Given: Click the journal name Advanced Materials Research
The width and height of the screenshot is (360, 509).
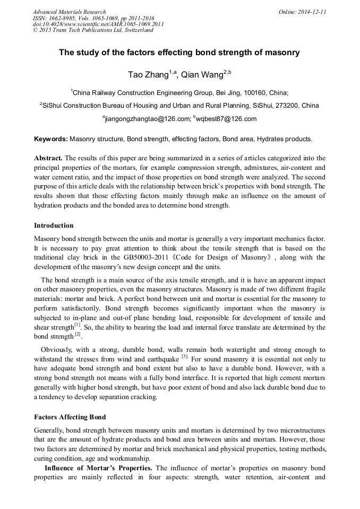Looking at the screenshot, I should click(x=69, y=12).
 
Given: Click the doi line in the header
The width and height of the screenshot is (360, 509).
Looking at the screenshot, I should click(x=98, y=24).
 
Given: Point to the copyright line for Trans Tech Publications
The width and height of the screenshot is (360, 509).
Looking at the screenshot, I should click(x=93, y=30).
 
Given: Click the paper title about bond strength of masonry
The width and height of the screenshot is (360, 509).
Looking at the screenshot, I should click(x=179, y=53).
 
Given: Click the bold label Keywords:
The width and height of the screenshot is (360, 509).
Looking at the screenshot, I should click(x=51, y=139).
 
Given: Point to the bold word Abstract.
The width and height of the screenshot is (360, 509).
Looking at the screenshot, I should click(x=48, y=158).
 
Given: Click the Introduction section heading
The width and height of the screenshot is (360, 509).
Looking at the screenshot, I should click(x=54, y=226).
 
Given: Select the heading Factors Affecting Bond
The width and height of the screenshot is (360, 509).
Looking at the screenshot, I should click(x=70, y=417).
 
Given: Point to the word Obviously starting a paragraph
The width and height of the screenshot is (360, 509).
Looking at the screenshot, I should click(x=58, y=350).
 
